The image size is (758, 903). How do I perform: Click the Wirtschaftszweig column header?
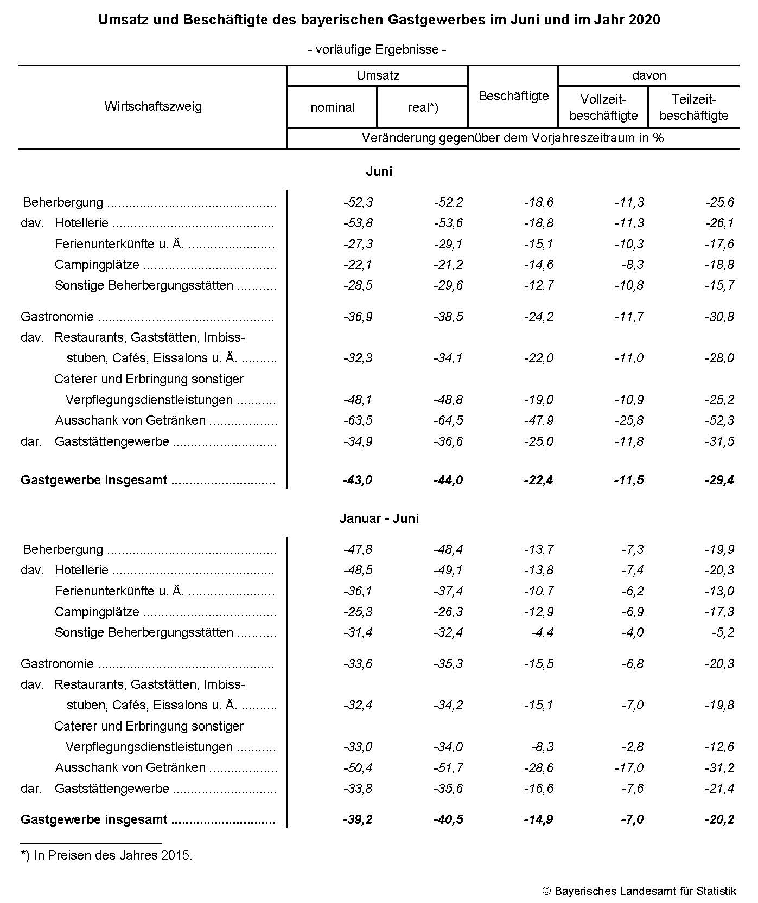tap(152, 106)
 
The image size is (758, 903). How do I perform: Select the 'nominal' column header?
tap(333, 107)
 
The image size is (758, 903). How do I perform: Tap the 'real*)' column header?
tap(423, 107)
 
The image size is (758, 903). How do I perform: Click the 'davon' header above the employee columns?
tap(648, 75)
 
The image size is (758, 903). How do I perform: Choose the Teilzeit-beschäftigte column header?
tap(693, 107)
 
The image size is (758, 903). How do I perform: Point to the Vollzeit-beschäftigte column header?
tap(603, 107)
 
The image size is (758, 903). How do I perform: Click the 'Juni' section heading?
tap(379, 171)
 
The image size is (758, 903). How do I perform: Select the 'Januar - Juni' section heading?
tap(379, 518)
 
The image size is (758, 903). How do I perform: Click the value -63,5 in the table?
tap(358, 420)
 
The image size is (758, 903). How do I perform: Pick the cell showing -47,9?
tap(539, 420)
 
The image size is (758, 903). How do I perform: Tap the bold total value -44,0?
tap(448, 480)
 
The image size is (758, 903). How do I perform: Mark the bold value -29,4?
tap(719, 480)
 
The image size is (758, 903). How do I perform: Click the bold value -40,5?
tap(448, 819)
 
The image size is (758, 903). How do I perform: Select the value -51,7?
tap(448, 767)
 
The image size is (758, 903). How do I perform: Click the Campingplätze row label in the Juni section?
tap(97, 265)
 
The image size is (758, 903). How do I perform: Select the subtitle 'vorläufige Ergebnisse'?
tap(377, 49)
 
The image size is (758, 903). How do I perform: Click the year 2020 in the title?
tap(645, 20)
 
